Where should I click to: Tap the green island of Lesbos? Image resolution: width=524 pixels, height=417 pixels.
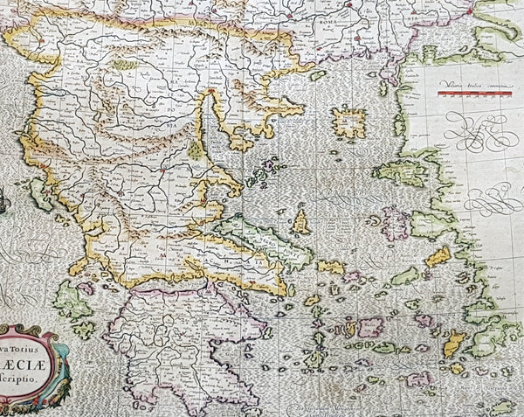pyautogui.click(x=406, y=168)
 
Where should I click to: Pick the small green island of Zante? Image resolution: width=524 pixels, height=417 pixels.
pyautogui.click(x=83, y=330)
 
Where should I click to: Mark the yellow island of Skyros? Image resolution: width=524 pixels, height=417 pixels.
pyautogui.click(x=300, y=220)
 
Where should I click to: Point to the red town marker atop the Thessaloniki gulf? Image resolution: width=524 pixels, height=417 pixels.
pyautogui.click(x=211, y=90)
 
